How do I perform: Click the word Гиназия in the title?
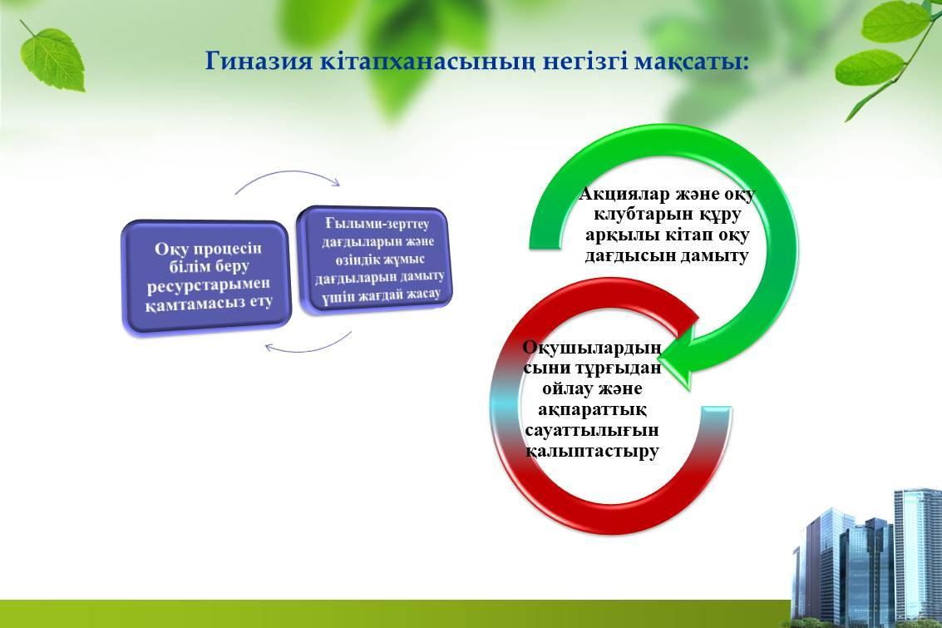pyautogui.click(x=259, y=62)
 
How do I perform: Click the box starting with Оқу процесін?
pyautogui.click(x=207, y=276)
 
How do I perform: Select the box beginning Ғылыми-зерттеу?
pyautogui.click(x=376, y=260)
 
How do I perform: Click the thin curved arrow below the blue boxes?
pyautogui.click(x=308, y=344)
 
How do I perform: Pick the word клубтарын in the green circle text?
pyautogui.click(x=640, y=215)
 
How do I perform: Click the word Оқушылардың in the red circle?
pyautogui.click(x=592, y=348)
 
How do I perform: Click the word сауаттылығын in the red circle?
pyautogui.click(x=592, y=430)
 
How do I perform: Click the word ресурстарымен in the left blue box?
pyautogui.click(x=208, y=284)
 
